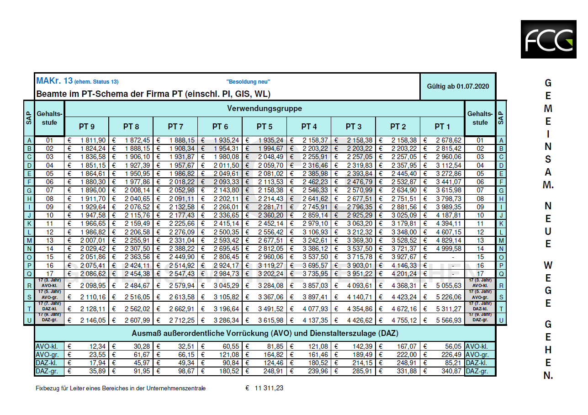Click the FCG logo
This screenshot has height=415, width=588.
click(x=548, y=39)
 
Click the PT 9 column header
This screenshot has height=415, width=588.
click(x=87, y=127)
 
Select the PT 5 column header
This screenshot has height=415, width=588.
click(x=265, y=127)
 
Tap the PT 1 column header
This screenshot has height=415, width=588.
click(x=442, y=127)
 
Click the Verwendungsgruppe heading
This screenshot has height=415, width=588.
click(x=265, y=108)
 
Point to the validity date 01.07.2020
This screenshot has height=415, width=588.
click(x=472, y=86)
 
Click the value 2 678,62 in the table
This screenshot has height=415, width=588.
click(x=448, y=140)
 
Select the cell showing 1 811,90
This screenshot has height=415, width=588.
click(x=93, y=140)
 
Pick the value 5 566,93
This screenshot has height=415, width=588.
click(x=448, y=320)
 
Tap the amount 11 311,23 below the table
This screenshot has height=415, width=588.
click(x=269, y=388)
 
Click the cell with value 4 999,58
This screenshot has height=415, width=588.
click(x=448, y=249)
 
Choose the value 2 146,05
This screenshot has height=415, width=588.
click(x=93, y=320)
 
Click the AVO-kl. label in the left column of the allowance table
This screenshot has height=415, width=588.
click(x=47, y=346)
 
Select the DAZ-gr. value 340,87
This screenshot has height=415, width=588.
click(x=451, y=371)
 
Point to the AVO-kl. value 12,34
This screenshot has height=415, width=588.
click(x=97, y=346)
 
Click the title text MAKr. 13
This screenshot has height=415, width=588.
click(x=54, y=80)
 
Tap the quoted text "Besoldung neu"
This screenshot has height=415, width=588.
click(x=248, y=82)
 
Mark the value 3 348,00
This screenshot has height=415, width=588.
click(x=404, y=232)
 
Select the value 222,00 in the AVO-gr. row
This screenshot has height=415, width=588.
click(x=407, y=355)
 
